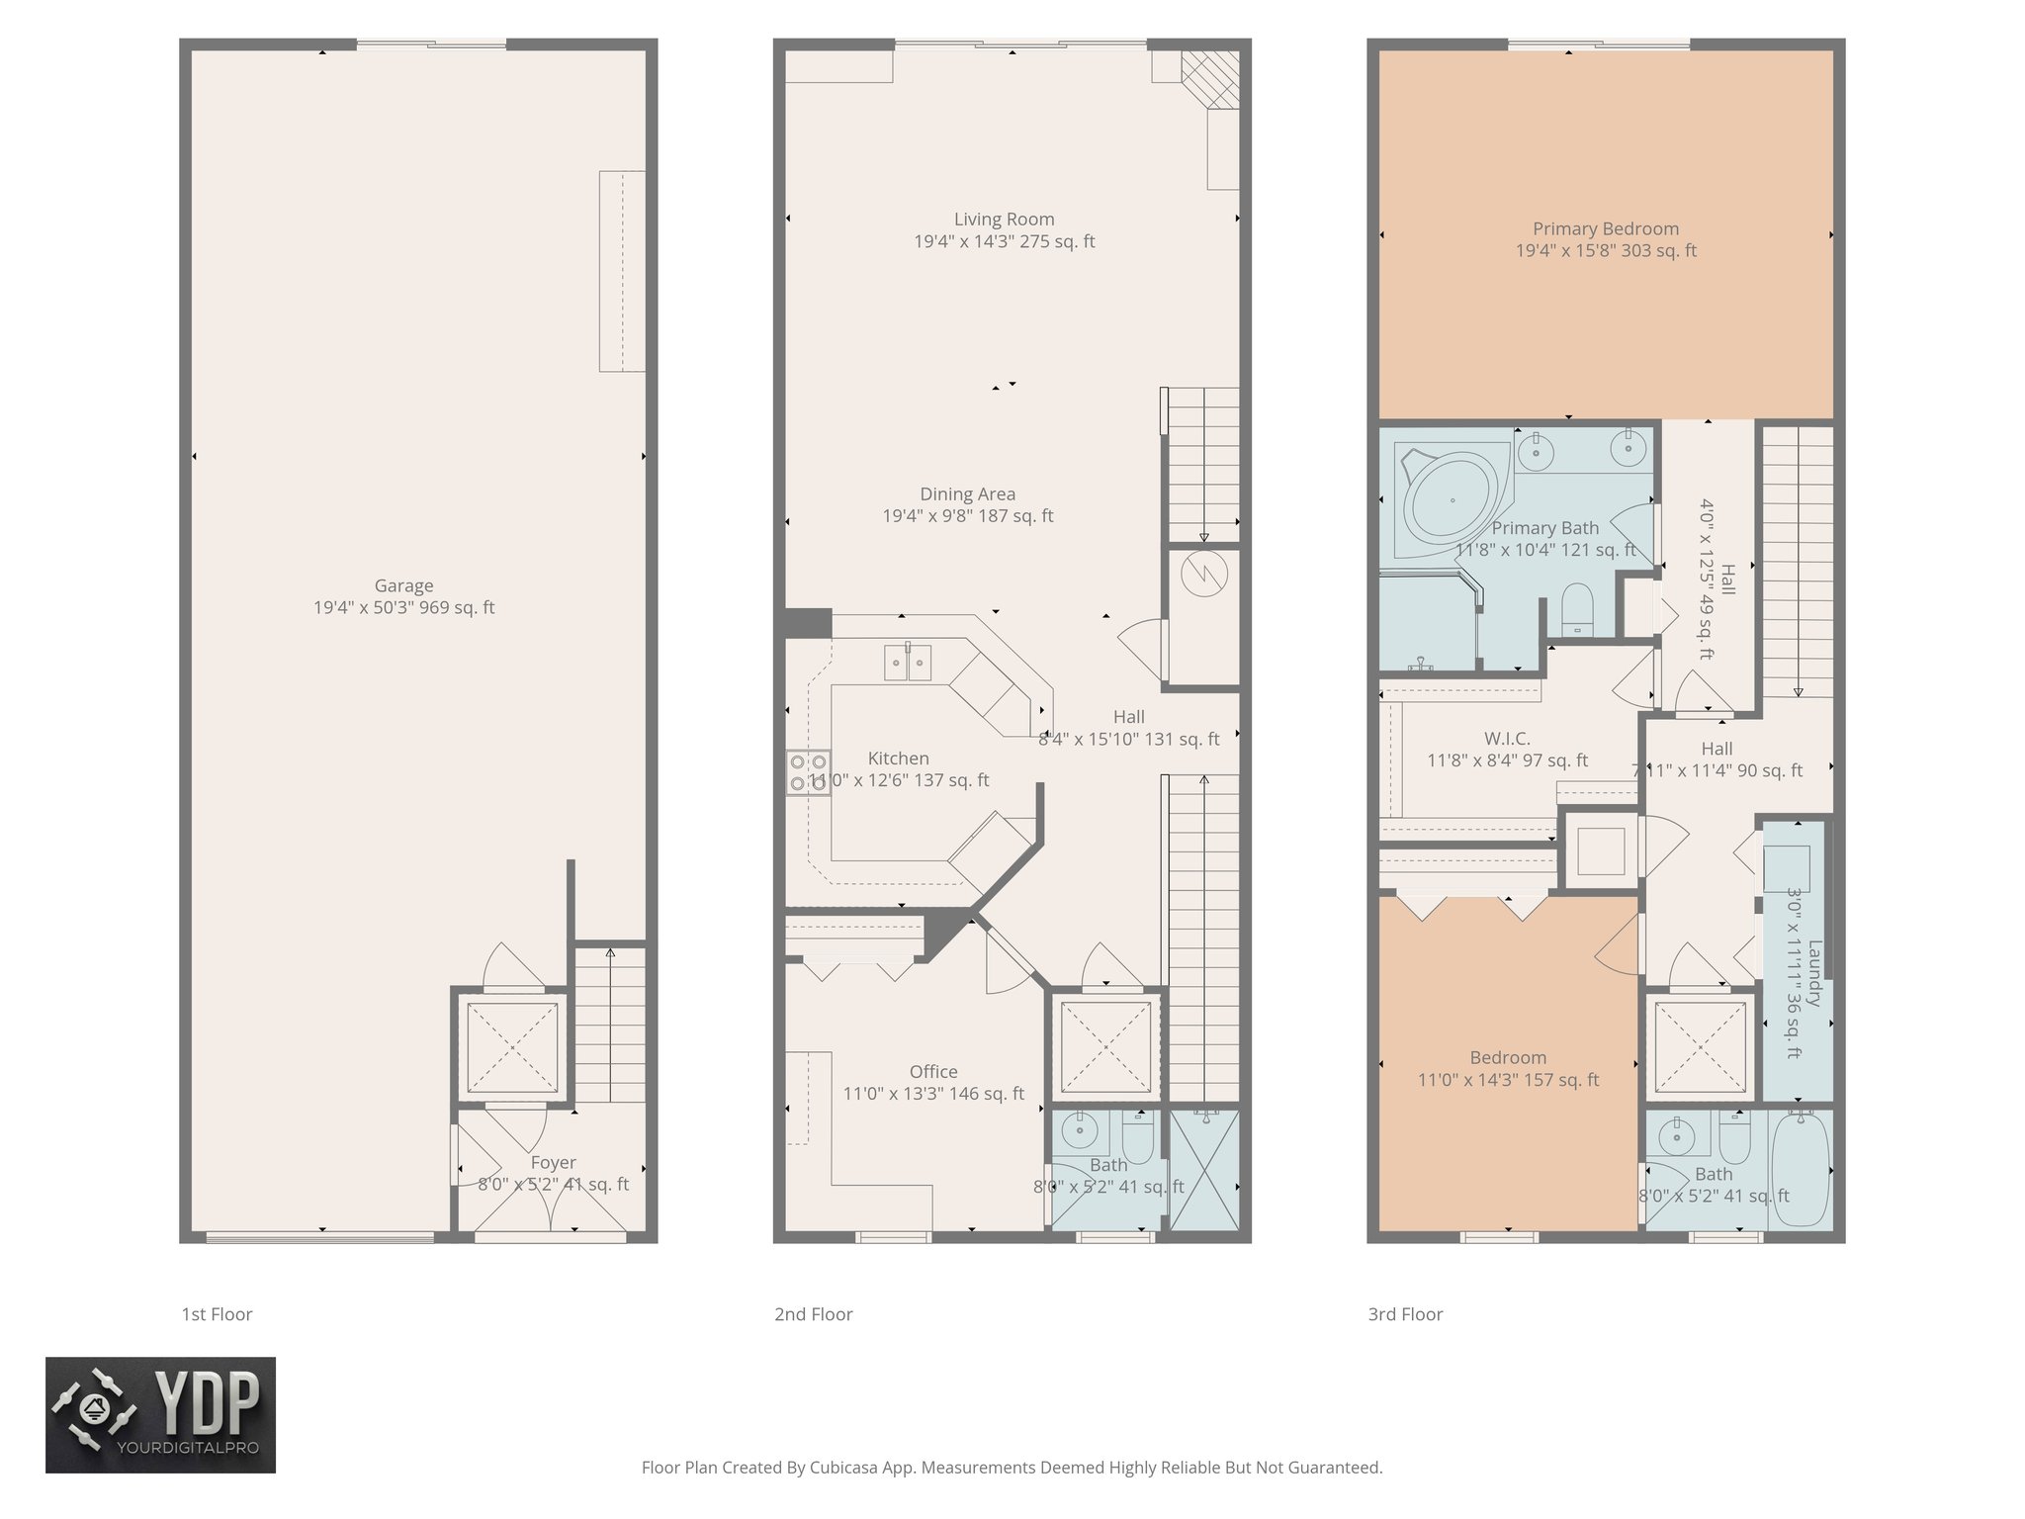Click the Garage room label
pos(403,585)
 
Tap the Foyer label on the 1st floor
pos(553,1163)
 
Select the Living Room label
pos(1004,220)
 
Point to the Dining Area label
pos(967,494)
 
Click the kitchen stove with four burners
pos(808,772)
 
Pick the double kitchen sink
pos(907,663)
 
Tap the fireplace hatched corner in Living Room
pos(1211,79)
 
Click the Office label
pos(933,1072)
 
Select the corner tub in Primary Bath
pos(1450,500)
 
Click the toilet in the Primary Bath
pos(1576,608)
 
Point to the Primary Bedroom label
pos(1606,229)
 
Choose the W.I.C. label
pos(1507,739)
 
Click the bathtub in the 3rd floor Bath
pos(1801,1171)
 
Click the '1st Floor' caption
pos(217,1314)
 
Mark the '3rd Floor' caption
pos(1405,1314)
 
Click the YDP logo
pos(160,1414)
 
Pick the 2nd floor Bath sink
pos(1079,1130)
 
